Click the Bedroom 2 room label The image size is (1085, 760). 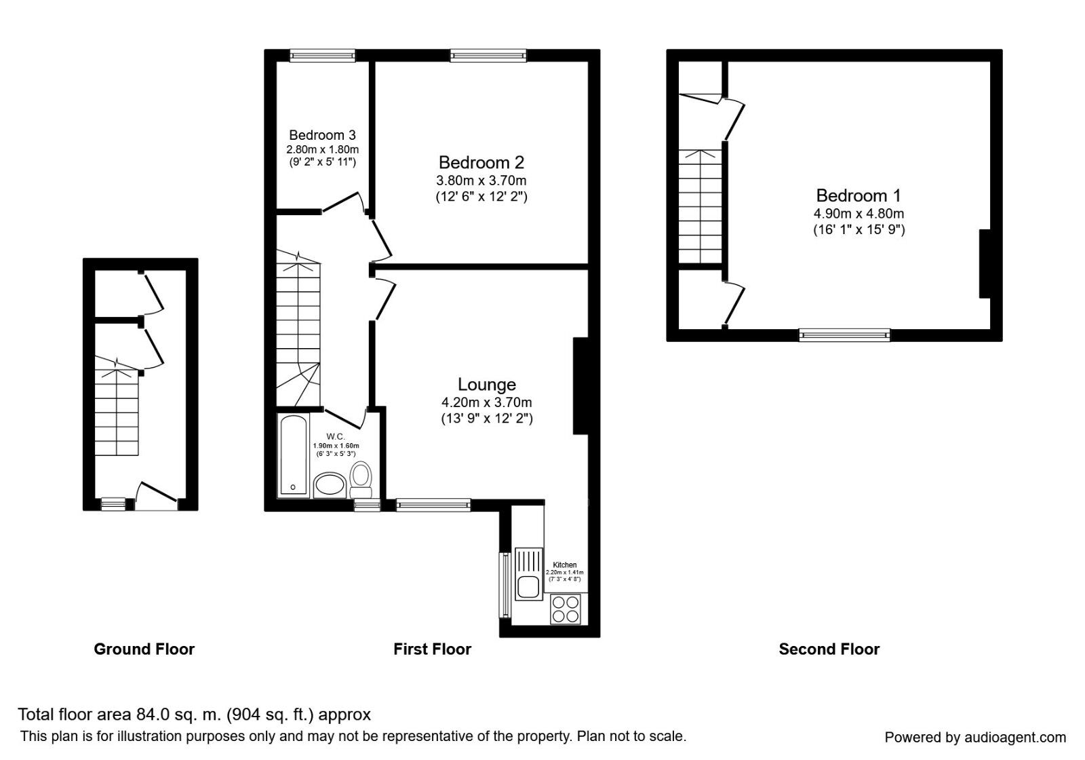pyautogui.click(x=481, y=163)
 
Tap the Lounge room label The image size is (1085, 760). pyautogui.click(x=486, y=385)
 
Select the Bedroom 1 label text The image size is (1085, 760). pyautogui.click(x=858, y=196)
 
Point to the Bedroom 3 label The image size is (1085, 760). pyautogui.click(x=322, y=135)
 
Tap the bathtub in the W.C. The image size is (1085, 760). pyautogui.click(x=294, y=456)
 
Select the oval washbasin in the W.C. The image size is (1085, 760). pyautogui.click(x=330, y=486)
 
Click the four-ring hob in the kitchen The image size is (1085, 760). pyautogui.click(x=566, y=609)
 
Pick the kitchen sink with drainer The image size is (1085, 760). pyautogui.click(x=528, y=574)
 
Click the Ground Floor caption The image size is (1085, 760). pyautogui.click(x=144, y=649)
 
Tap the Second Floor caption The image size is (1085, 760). pyautogui.click(x=829, y=649)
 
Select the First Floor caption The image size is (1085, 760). pyautogui.click(x=432, y=649)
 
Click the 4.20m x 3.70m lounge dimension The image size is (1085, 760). pyautogui.click(x=486, y=402)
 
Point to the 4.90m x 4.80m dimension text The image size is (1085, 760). pyautogui.click(x=859, y=214)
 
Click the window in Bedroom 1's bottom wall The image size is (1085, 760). pyautogui.click(x=844, y=334)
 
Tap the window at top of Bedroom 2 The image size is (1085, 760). pyautogui.click(x=488, y=56)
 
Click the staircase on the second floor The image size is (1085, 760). pyautogui.click(x=701, y=207)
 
